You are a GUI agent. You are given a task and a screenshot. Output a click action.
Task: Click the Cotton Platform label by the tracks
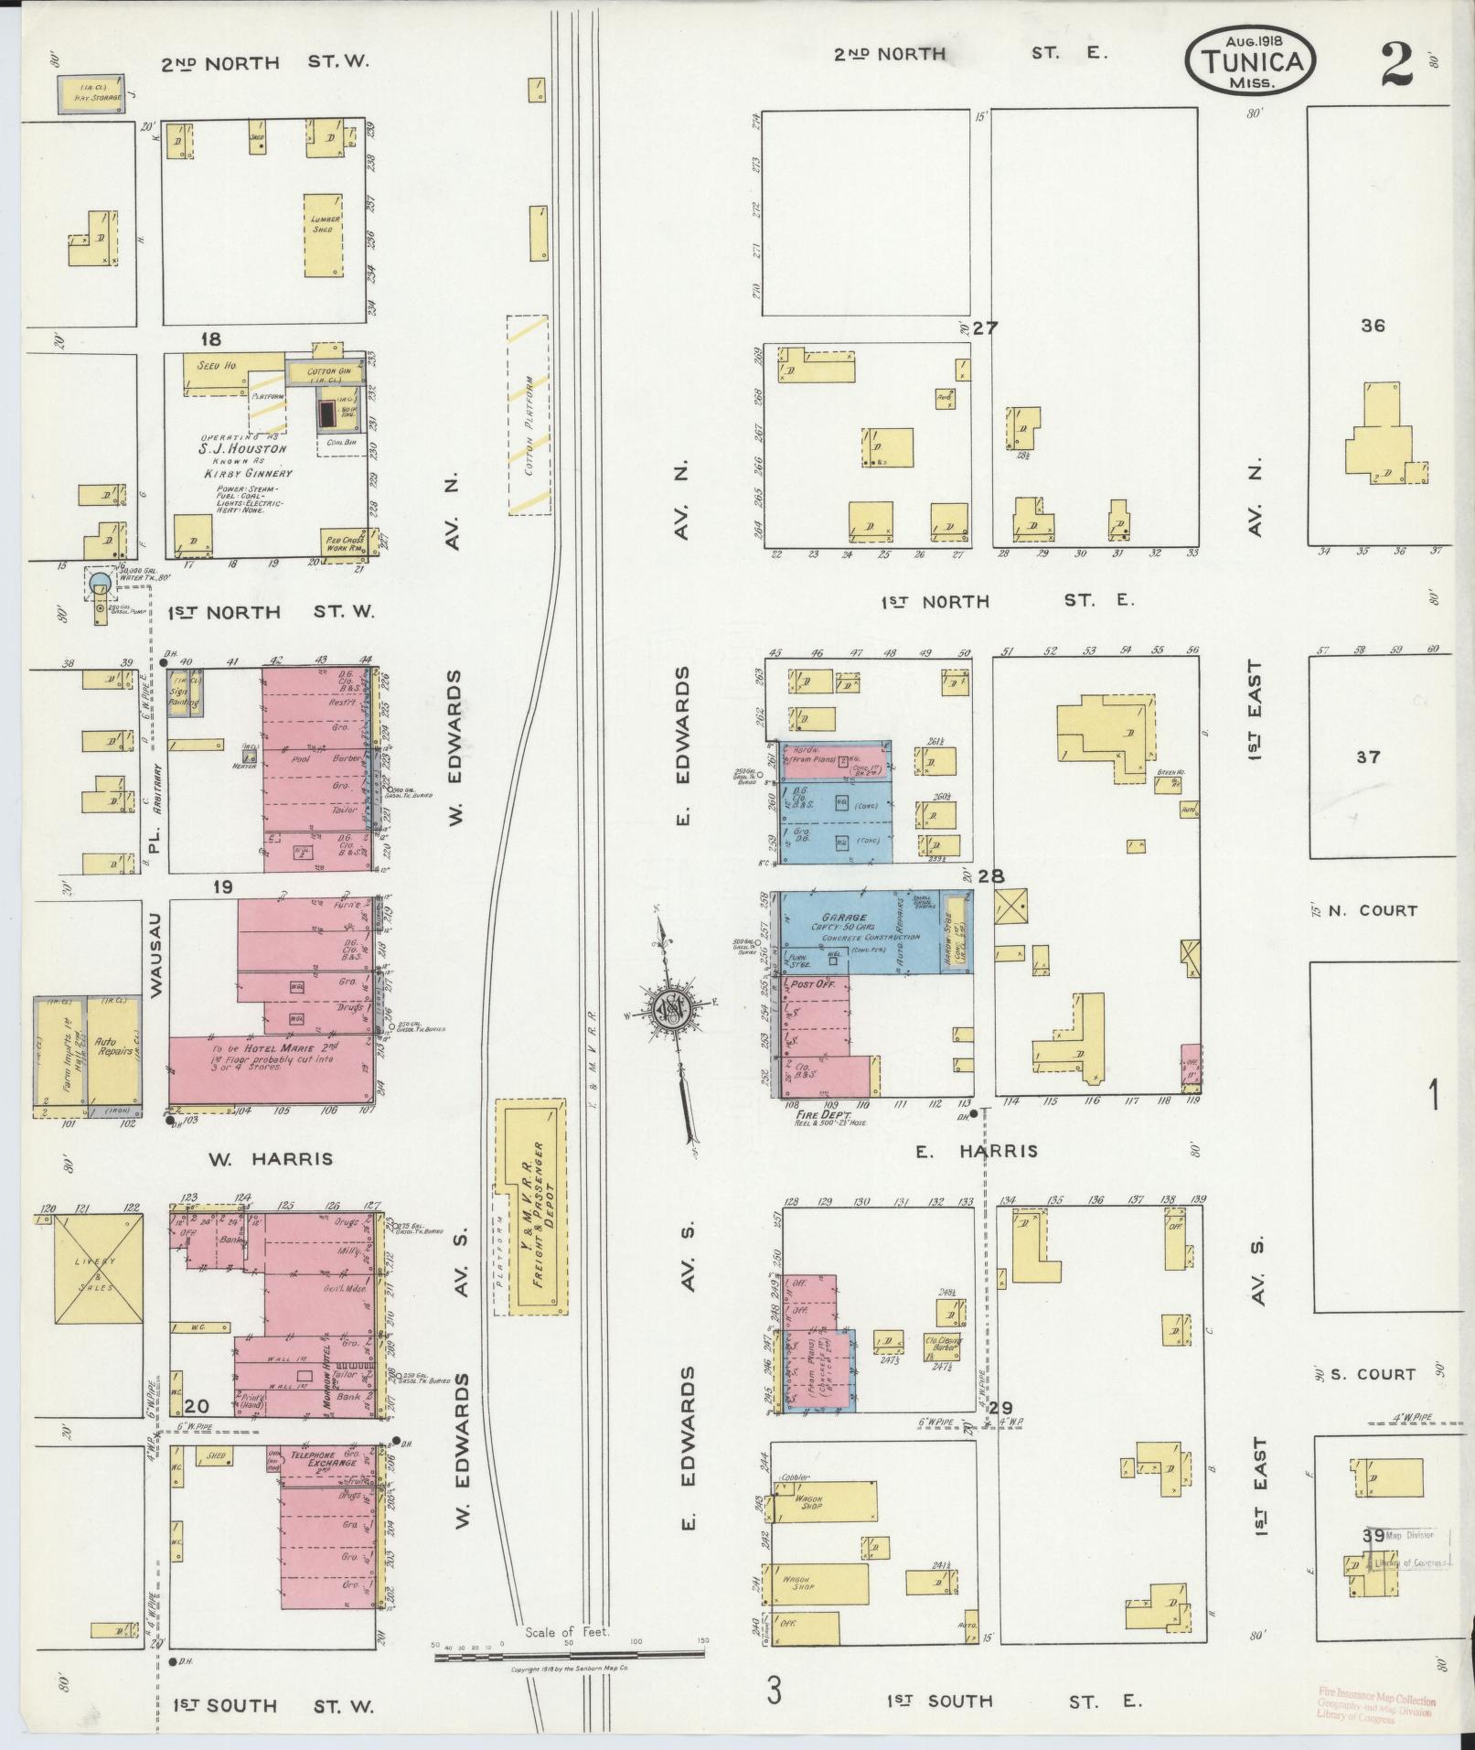[528, 414]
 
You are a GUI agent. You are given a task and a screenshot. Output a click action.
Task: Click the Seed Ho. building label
[217, 366]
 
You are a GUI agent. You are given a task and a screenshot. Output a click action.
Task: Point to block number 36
[1372, 326]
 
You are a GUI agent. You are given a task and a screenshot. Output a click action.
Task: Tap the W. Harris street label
[271, 1159]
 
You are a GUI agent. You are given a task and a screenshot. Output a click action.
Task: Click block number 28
[991, 876]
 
